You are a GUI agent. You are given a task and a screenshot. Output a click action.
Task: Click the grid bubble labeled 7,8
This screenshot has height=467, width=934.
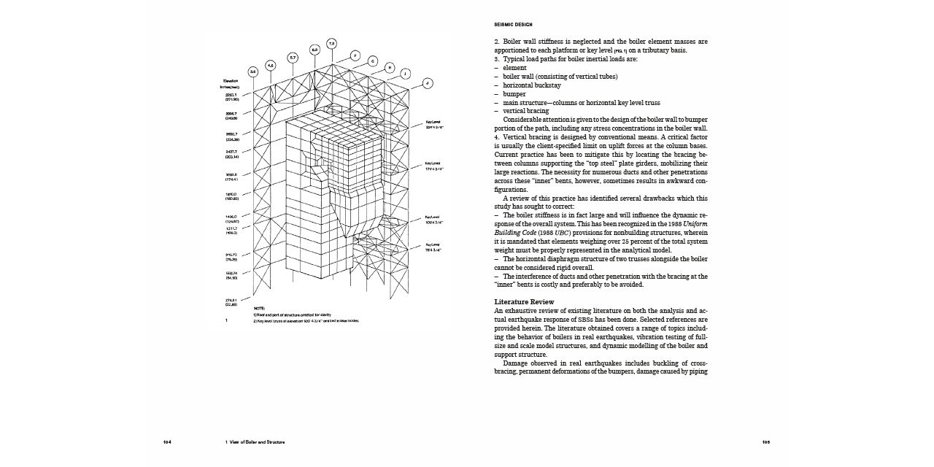(332, 43)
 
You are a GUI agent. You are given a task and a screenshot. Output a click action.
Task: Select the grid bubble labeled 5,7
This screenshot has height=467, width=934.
(293, 56)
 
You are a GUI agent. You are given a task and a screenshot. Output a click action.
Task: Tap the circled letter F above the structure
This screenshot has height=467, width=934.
(355, 55)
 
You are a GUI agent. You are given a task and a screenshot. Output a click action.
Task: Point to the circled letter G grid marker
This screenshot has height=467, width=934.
(372, 61)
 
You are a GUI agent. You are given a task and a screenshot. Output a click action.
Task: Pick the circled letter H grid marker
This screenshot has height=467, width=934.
(389, 68)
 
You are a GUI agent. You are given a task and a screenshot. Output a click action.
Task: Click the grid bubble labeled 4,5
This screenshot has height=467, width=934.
(271, 65)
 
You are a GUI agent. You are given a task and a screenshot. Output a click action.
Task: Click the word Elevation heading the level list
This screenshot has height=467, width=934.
(231, 80)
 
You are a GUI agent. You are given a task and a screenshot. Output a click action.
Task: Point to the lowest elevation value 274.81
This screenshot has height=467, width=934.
(231, 300)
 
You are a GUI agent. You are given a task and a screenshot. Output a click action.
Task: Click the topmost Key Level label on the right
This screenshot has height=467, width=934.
(433, 123)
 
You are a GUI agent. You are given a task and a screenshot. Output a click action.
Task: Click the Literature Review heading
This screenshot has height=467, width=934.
(524, 302)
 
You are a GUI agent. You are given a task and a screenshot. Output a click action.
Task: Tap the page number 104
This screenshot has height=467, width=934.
(167, 442)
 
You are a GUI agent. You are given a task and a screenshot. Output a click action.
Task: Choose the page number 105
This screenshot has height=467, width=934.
(766, 442)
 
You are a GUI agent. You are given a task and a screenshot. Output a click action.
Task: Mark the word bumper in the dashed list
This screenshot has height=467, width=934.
(514, 94)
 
